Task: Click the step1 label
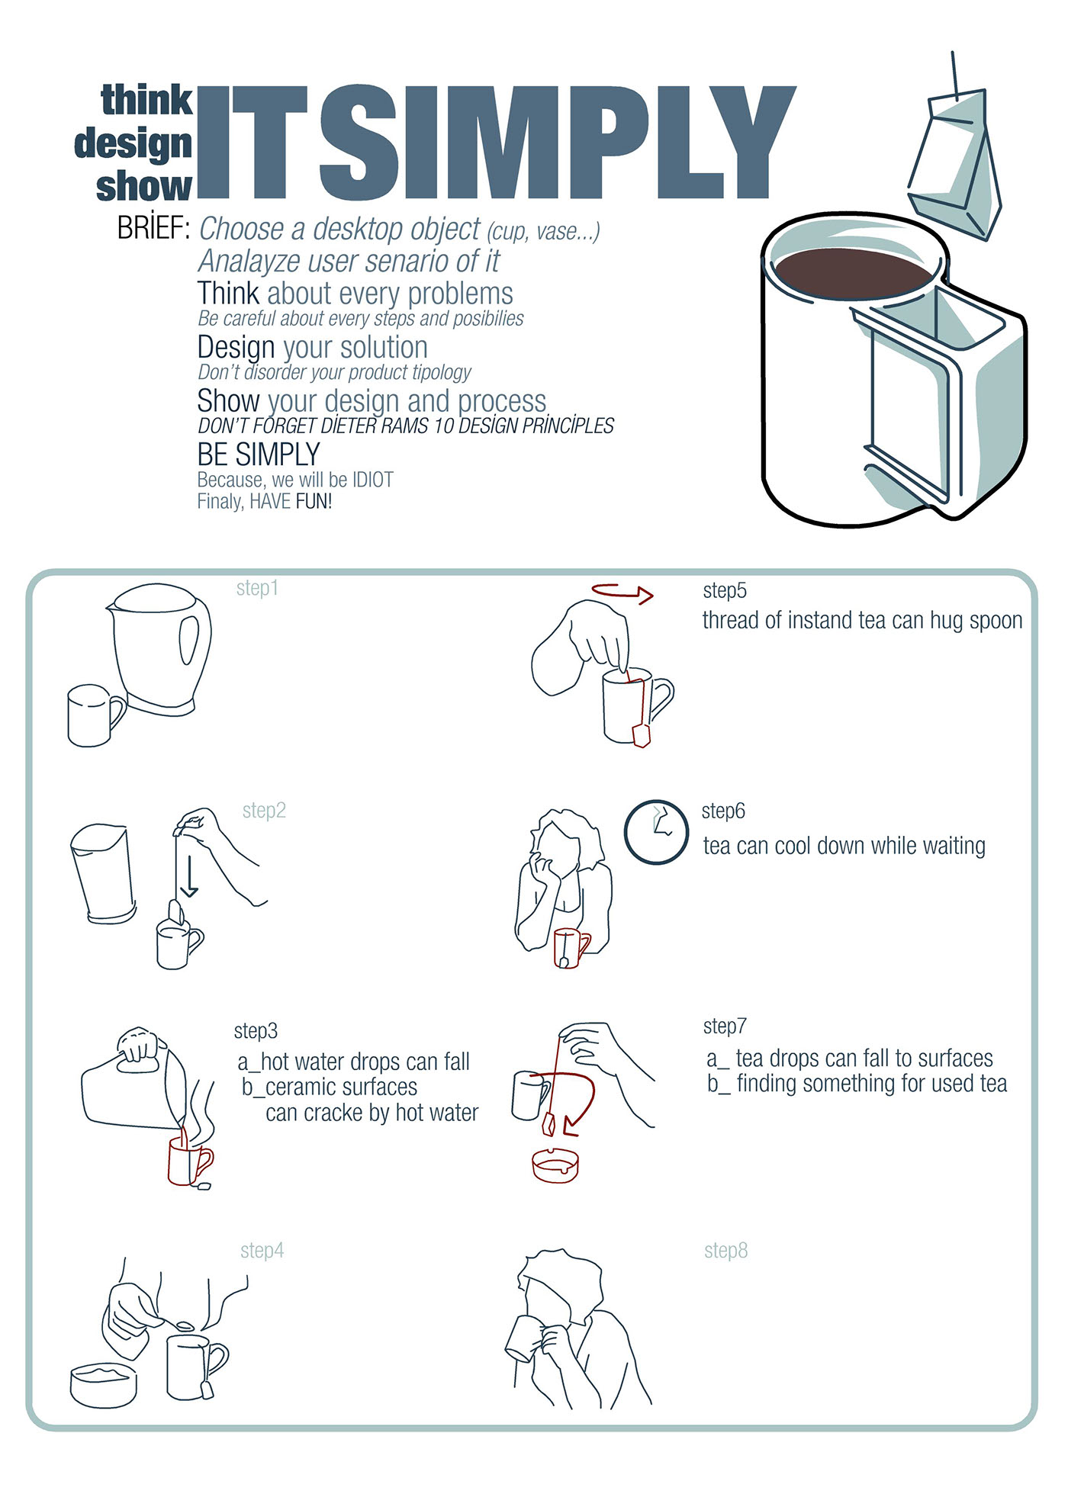pyautogui.click(x=257, y=589)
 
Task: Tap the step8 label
pyautogui.click(x=725, y=1251)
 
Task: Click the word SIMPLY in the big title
pyautogui.click(x=558, y=143)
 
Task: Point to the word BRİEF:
pyautogui.click(x=153, y=227)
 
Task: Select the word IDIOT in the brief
pyautogui.click(x=373, y=480)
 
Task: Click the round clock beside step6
pyautogui.click(x=656, y=832)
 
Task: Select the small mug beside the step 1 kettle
pyautogui.click(x=95, y=715)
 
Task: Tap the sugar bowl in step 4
pyautogui.click(x=104, y=1385)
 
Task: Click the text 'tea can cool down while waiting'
pyautogui.click(x=844, y=846)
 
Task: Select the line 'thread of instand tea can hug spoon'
pyautogui.click(x=862, y=620)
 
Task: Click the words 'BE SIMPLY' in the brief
pyautogui.click(x=259, y=455)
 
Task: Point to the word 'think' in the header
pyautogui.click(x=147, y=101)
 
